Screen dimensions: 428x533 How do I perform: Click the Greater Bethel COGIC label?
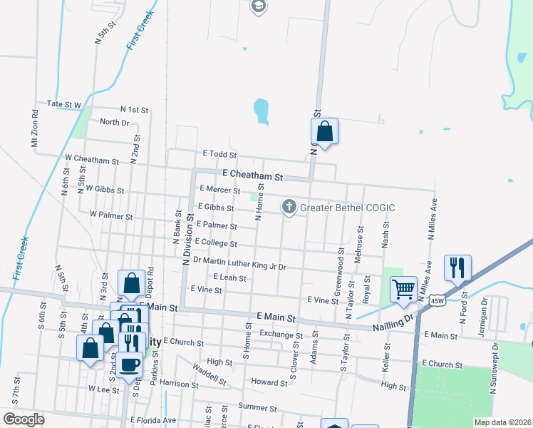click(x=347, y=208)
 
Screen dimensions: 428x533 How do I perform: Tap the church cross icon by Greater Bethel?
click(x=289, y=208)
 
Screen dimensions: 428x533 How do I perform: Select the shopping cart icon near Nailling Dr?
click(x=404, y=289)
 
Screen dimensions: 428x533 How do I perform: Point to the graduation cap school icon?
click(x=258, y=7)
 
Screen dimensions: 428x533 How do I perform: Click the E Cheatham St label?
click(x=253, y=175)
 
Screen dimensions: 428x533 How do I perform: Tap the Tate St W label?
click(x=64, y=104)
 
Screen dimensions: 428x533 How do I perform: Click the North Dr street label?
click(x=114, y=122)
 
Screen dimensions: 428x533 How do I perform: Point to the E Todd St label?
click(x=219, y=154)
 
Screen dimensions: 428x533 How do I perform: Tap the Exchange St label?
click(x=276, y=334)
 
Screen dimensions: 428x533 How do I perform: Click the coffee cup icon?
click(x=129, y=364)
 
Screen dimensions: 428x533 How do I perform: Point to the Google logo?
click(x=24, y=419)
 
